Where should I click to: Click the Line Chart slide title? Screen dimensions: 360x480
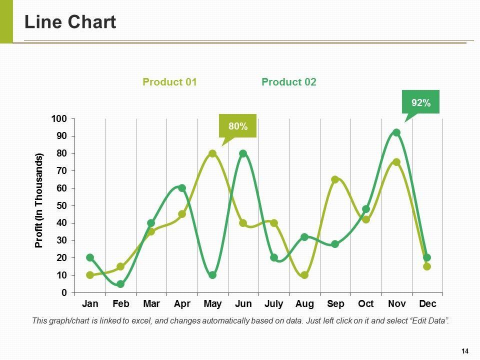point(70,22)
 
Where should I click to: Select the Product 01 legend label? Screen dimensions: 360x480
point(169,82)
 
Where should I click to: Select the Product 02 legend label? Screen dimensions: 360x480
point(288,82)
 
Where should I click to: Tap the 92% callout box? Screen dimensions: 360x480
point(420,102)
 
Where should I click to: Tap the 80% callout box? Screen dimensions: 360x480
point(237,126)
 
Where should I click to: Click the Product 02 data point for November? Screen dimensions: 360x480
point(396,132)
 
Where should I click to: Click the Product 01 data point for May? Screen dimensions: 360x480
point(212,153)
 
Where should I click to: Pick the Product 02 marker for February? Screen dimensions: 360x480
point(120,284)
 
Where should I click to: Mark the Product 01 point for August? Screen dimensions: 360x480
point(304,275)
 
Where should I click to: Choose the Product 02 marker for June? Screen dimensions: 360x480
point(243,153)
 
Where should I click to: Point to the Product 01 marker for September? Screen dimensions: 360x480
point(335,179)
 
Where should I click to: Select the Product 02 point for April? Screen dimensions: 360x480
point(182,188)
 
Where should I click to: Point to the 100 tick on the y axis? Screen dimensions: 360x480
point(58,118)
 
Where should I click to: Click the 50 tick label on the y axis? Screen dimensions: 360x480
point(60,205)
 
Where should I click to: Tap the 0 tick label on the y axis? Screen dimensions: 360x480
point(63,292)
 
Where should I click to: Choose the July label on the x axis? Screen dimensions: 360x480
point(273,304)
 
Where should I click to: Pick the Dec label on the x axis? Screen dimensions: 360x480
point(427,304)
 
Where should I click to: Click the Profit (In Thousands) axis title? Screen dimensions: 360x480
point(39,200)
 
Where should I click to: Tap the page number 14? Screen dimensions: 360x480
point(464,350)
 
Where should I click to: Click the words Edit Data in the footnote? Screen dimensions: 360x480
point(428,320)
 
